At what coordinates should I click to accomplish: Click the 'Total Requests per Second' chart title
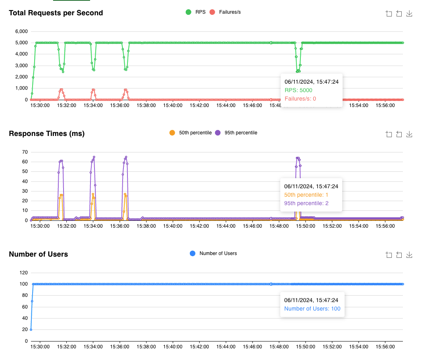(56, 13)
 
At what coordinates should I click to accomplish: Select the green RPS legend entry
(195, 12)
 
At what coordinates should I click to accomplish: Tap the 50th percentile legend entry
(191, 133)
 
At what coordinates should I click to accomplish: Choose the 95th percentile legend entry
(236, 133)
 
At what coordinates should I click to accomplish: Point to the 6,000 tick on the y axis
(21, 31)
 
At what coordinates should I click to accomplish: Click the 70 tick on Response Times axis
(24, 152)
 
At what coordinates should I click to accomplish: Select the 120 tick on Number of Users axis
(23, 273)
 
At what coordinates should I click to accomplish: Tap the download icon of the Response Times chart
(409, 134)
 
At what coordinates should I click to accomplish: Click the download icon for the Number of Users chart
(409, 255)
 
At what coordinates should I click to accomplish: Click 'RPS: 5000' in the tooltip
(298, 90)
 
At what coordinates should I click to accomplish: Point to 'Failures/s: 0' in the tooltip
(300, 99)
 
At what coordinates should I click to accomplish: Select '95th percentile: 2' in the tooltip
(306, 203)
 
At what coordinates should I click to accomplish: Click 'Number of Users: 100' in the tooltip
(312, 309)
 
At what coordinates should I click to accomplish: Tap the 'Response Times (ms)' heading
(47, 134)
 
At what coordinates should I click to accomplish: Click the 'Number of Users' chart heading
(38, 254)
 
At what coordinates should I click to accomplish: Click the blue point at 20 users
(31, 329)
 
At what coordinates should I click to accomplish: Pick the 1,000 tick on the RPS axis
(21, 88)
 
